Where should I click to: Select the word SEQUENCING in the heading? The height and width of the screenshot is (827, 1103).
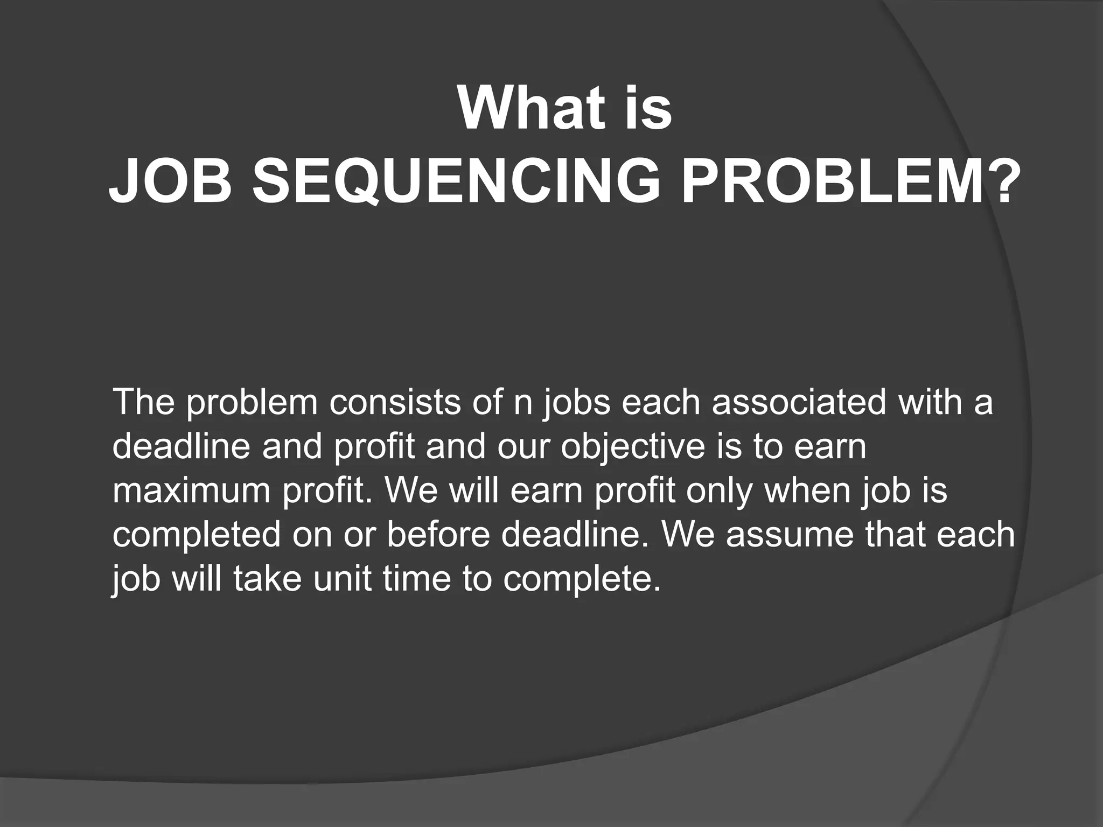[x=456, y=182]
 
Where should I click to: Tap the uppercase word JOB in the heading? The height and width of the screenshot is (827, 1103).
[x=171, y=182]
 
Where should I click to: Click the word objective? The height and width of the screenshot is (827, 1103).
[x=632, y=447]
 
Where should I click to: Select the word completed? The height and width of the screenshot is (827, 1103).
[x=197, y=536]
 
